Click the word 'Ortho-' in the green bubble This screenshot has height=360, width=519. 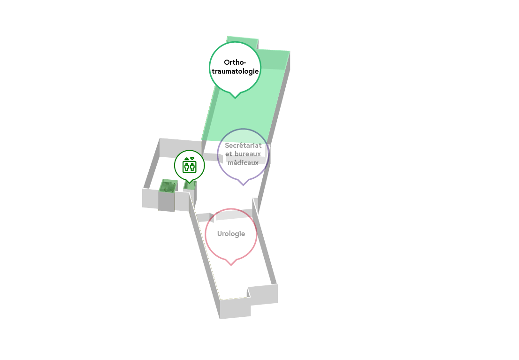pyautogui.click(x=235, y=62)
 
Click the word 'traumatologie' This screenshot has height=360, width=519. pyautogui.click(x=236, y=71)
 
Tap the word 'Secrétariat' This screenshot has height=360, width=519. pyautogui.click(x=243, y=146)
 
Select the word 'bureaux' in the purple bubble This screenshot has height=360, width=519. pyautogui.click(x=248, y=154)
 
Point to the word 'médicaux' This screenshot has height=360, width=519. pyautogui.click(x=243, y=162)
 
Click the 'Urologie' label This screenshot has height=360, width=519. pyautogui.click(x=231, y=233)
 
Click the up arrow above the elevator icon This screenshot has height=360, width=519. pyautogui.click(x=187, y=159)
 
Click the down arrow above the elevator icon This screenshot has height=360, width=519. pyautogui.click(x=192, y=159)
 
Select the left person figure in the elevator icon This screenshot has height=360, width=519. pyautogui.click(x=187, y=167)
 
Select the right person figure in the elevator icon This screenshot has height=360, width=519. pyautogui.click(x=192, y=167)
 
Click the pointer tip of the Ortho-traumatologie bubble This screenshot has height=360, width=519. pyautogui.click(x=235, y=99)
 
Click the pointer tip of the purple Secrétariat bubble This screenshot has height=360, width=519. pyautogui.click(x=243, y=185)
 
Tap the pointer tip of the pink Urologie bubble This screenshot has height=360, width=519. pyautogui.click(x=231, y=265)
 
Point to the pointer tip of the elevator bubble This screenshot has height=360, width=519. pyautogui.click(x=189, y=183)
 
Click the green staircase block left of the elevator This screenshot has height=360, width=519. pyautogui.click(x=168, y=186)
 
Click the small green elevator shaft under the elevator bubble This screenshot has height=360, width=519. pyautogui.click(x=190, y=185)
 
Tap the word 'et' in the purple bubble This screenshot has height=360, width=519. pyautogui.click(x=229, y=154)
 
